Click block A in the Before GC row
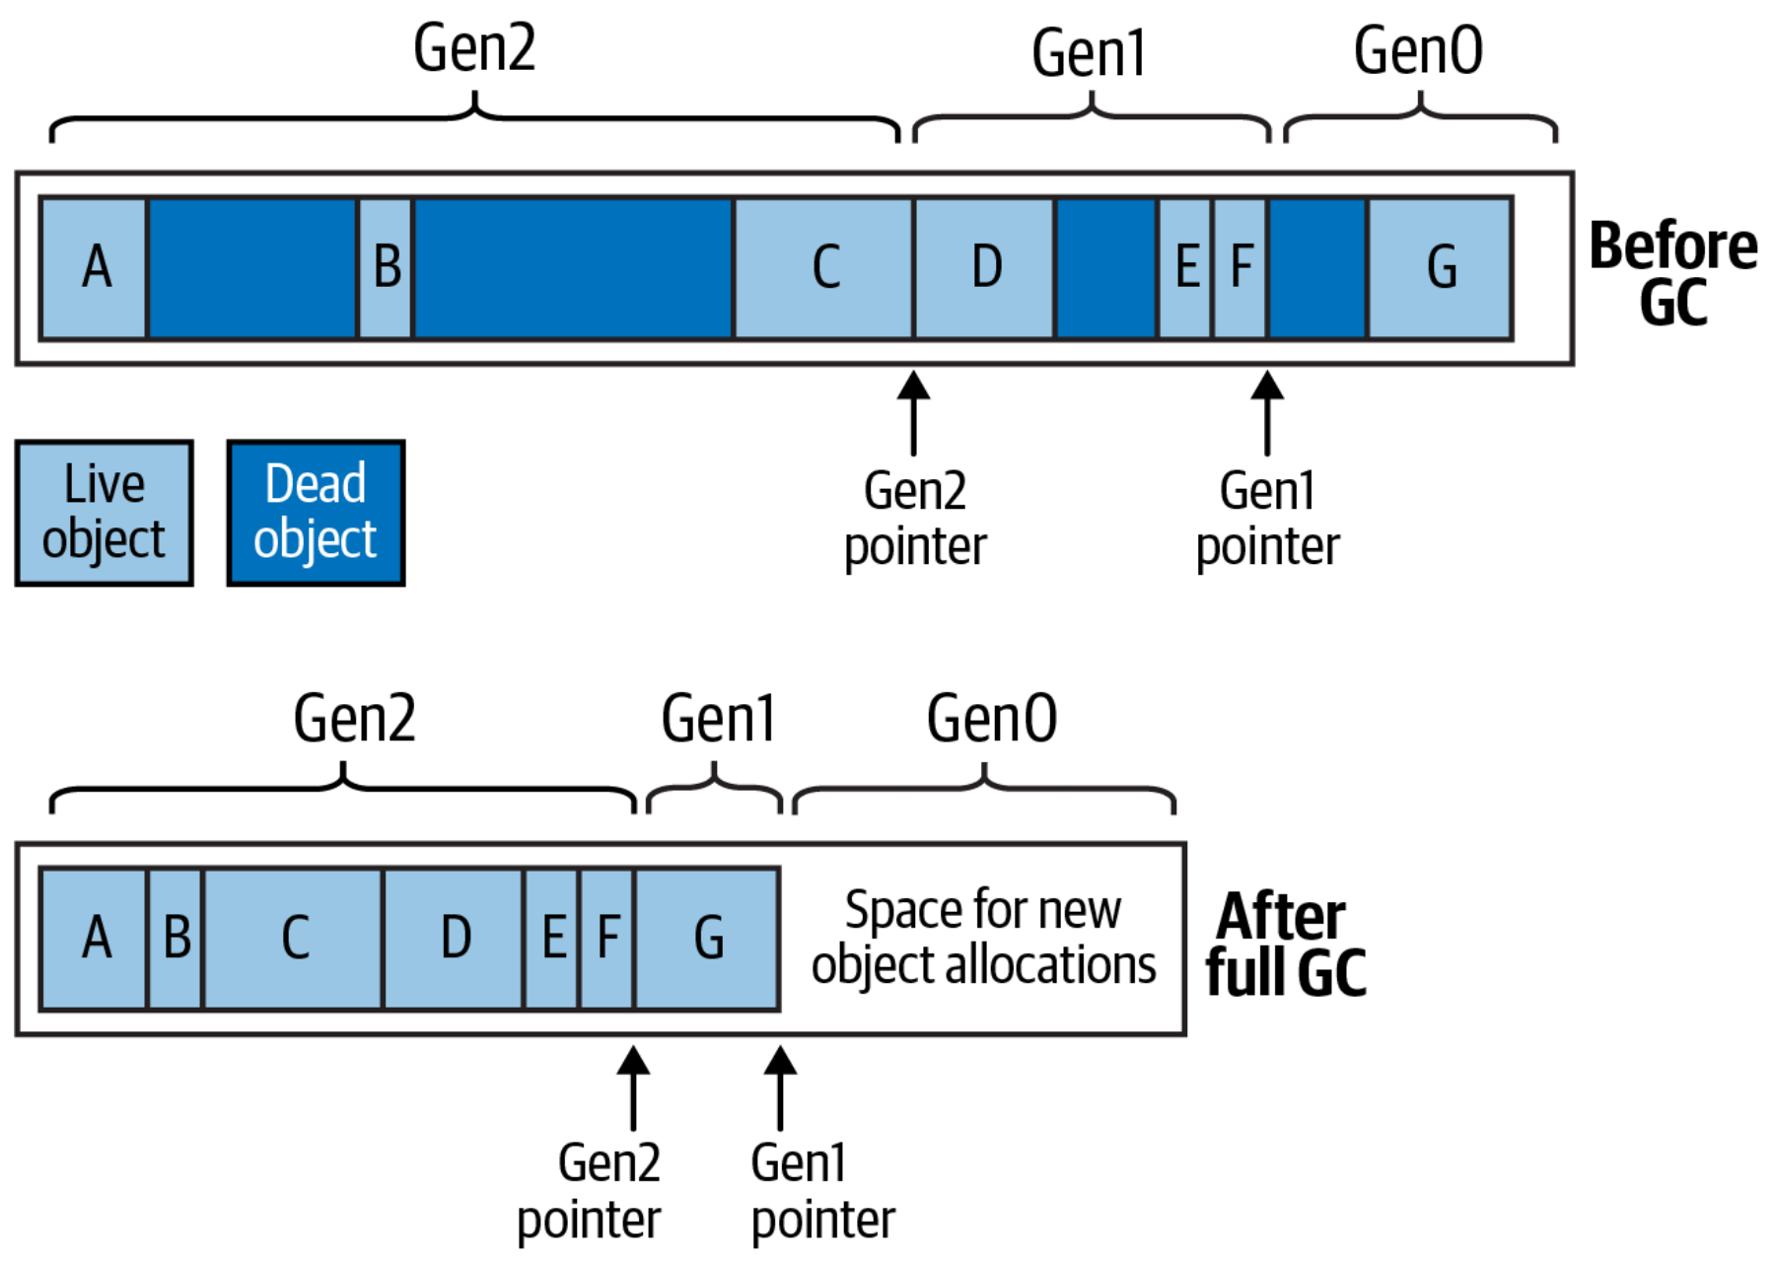[95, 268]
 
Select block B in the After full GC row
[176, 938]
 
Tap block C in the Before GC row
[824, 268]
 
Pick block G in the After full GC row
[708, 938]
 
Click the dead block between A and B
[252, 268]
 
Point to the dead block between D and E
[1106, 268]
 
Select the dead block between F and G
[1318, 268]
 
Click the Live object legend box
[105, 513]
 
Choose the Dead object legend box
[316, 513]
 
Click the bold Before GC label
[1673, 273]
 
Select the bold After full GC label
[1285, 944]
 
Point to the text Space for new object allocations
[983, 937]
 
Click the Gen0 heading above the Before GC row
[1418, 51]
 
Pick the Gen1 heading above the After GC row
[718, 719]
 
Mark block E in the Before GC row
[1186, 268]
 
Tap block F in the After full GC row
[607, 938]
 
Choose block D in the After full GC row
[455, 938]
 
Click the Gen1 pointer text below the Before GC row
[1267, 519]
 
